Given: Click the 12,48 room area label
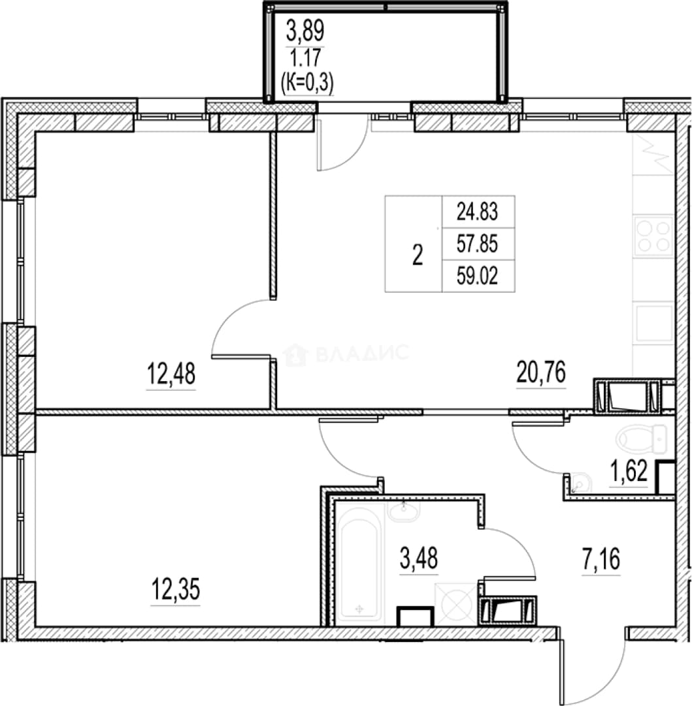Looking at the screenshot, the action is point(171,374).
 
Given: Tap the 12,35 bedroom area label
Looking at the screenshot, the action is point(176,590).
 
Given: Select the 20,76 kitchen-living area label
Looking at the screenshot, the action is point(541,373).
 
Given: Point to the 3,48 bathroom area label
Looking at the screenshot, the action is point(418,558).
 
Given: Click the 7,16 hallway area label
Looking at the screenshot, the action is point(601,559).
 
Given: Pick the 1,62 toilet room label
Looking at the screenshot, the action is point(629,472).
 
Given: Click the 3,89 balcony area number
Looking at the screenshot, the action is point(305,31).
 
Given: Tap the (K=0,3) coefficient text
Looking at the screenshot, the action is point(307,83).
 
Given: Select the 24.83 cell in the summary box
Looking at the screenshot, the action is point(478,212).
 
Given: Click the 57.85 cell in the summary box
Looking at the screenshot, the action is point(478,244).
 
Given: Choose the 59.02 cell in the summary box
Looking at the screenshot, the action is point(478,276).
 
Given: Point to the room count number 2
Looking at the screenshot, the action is point(418,256).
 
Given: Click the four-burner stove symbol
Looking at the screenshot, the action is point(653,237).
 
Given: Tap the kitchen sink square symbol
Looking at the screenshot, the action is point(653,324).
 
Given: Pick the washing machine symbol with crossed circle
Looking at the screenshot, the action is point(457,604).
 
